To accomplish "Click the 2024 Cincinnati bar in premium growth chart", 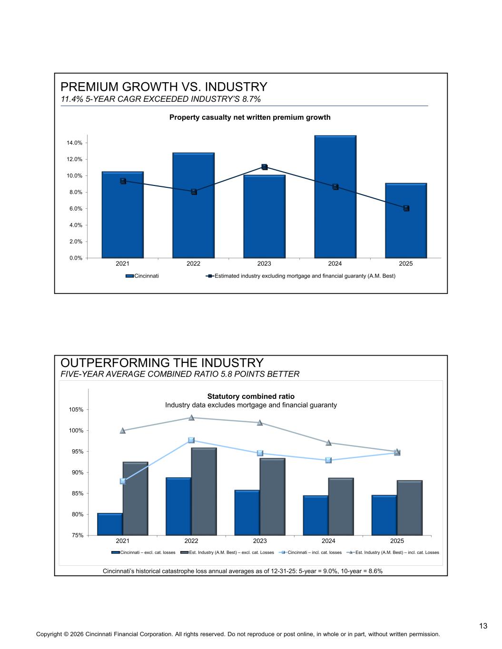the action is pyautogui.click(x=335, y=196).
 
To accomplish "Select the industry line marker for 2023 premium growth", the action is pyautogui.click(x=265, y=167).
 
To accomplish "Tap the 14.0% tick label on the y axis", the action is pyautogui.click(x=74, y=143).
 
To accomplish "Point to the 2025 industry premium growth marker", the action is pyautogui.click(x=406, y=208).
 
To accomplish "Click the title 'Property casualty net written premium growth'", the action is pyautogui.click(x=250, y=117).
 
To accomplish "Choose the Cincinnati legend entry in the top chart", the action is pyautogui.click(x=142, y=276).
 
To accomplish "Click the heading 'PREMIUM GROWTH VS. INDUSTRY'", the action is pyautogui.click(x=164, y=87).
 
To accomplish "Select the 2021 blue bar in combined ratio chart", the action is pyautogui.click(x=109, y=524).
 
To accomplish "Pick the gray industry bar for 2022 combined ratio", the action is pyautogui.click(x=204, y=491).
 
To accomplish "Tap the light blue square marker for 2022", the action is pyautogui.click(x=191, y=440).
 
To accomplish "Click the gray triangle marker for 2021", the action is pyautogui.click(x=122, y=430).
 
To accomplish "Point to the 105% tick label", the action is pyautogui.click(x=76, y=409).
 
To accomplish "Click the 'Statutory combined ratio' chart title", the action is pyautogui.click(x=251, y=397).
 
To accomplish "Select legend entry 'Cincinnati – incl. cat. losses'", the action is pyautogui.click(x=310, y=552).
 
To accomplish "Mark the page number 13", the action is pyautogui.click(x=483, y=626).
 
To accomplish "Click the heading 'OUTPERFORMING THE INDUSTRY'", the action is pyautogui.click(x=162, y=363).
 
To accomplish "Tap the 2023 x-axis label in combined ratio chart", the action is pyautogui.click(x=260, y=541).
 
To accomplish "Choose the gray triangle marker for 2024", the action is pyautogui.click(x=328, y=443).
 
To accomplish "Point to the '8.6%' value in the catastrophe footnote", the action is pyautogui.click(x=375, y=571).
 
